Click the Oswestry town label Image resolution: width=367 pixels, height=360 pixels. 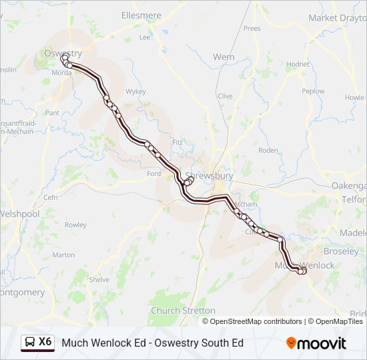tap(62, 53)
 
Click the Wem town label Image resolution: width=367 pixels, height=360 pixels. tap(224, 57)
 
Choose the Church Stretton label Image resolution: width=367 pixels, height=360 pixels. tap(183, 311)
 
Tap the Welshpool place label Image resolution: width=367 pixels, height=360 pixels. tap(20, 214)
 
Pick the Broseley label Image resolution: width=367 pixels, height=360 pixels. tap(340, 253)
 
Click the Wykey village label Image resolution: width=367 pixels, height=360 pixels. tap(135, 91)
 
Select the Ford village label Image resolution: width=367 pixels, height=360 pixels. tap(153, 173)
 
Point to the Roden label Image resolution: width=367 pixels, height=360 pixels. tap(268, 150)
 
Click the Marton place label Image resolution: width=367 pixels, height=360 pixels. tap(63, 255)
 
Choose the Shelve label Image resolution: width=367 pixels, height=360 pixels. tap(99, 280)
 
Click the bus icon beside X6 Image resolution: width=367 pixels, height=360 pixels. tap(31, 342)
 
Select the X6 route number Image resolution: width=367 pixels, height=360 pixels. tap(45, 342)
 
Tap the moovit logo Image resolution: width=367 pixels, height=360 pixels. tap(316, 343)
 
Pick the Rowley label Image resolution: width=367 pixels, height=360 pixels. tap(75, 225)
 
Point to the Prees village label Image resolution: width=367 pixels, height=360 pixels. tap(252, 28)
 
